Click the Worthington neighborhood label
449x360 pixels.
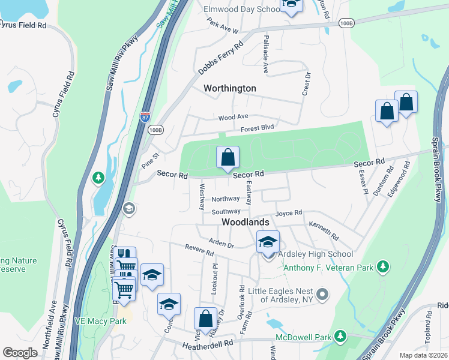click(229, 88)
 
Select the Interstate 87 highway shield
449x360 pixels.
click(145, 116)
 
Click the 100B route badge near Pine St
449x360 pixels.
click(155, 130)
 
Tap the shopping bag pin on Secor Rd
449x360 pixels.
click(228, 158)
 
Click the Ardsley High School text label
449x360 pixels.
click(324, 254)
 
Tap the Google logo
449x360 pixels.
click(20, 353)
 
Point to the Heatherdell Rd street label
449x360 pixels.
click(207, 344)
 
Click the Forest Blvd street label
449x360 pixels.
click(257, 128)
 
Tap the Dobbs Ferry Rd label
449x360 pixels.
click(221, 58)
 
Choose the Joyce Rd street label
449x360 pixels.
click(289, 213)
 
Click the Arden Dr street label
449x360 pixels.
click(221, 244)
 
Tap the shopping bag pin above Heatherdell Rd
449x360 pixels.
click(205, 320)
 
